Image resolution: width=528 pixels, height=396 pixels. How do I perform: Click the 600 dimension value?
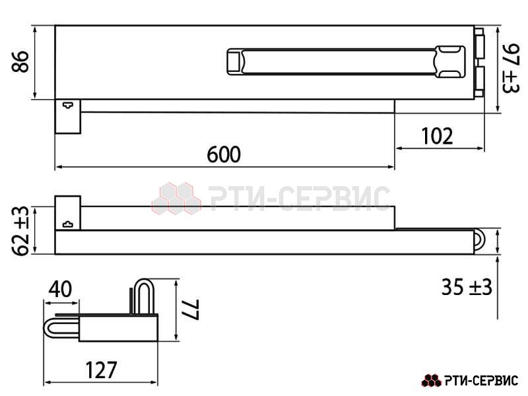pos(224,154)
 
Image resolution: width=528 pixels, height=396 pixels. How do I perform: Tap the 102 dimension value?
pos(437,136)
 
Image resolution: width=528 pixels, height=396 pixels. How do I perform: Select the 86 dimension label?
pos(20,61)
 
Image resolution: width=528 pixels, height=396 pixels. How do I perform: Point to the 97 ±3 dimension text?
pos(511,68)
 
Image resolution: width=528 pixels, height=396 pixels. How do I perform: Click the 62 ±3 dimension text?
pos(20,230)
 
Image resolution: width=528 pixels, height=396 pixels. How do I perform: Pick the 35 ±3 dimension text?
pos(467,287)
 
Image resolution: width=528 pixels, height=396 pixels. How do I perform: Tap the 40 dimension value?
pos(60,289)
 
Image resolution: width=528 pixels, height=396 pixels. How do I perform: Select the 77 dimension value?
pos(190,310)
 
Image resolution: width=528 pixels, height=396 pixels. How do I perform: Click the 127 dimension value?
pos(101,370)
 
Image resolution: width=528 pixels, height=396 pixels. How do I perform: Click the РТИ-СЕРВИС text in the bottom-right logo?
pos(481,381)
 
